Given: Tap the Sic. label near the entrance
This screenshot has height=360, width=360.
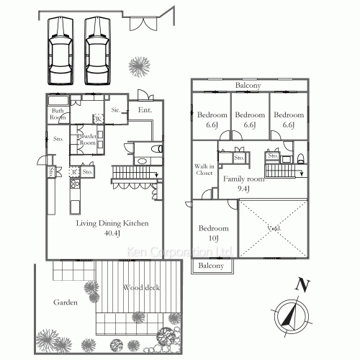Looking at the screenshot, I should [x=117, y=110].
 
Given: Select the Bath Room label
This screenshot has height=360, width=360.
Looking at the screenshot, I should [x=58, y=114].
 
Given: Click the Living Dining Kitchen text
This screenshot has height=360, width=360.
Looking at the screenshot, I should [x=112, y=223].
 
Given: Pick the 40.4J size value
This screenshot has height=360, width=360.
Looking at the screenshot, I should [x=112, y=233].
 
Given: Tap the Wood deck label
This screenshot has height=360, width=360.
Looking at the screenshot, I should [x=141, y=288].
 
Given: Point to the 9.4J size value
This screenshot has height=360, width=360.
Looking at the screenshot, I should [x=243, y=189].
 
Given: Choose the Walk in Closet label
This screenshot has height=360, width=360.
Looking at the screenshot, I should [x=204, y=169].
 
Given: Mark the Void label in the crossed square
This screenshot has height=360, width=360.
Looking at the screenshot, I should [x=274, y=230].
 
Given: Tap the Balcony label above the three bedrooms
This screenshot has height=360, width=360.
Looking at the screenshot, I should [x=248, y=86].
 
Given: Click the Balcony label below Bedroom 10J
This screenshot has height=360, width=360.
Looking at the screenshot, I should [x=212, y=266].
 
